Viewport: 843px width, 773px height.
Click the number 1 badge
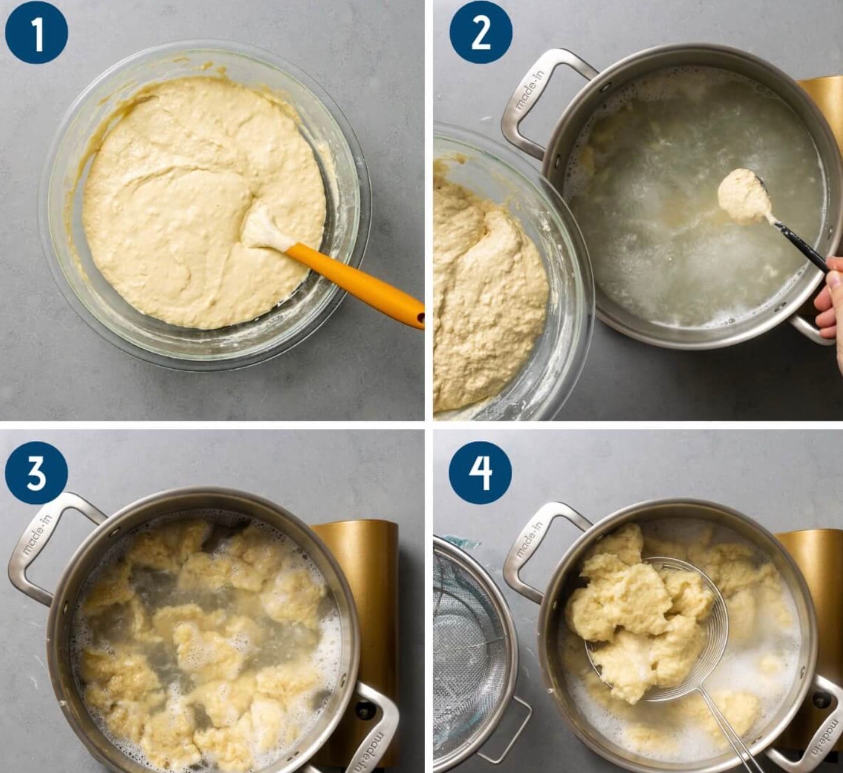coord(37,32)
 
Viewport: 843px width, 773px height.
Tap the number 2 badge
coord(481,32)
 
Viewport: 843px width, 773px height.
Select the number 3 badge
coord(37,473)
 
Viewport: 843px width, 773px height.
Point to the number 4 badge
coord(481,473)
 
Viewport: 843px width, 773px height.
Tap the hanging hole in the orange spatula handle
coord(419,317)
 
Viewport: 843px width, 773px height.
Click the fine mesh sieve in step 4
coord(470,656)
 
